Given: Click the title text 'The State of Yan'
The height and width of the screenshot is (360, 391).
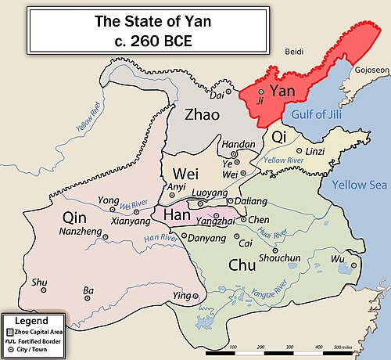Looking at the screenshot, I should (x=148, y=21).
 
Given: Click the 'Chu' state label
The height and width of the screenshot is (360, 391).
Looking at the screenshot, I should (x=241, y=265).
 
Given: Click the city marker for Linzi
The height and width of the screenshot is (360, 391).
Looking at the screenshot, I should (x=298, y=151).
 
